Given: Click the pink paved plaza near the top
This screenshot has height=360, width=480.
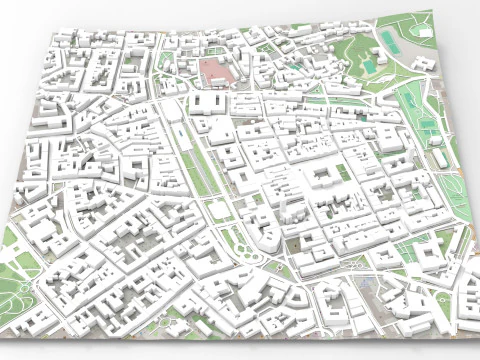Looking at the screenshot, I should click(x=215, y=71).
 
